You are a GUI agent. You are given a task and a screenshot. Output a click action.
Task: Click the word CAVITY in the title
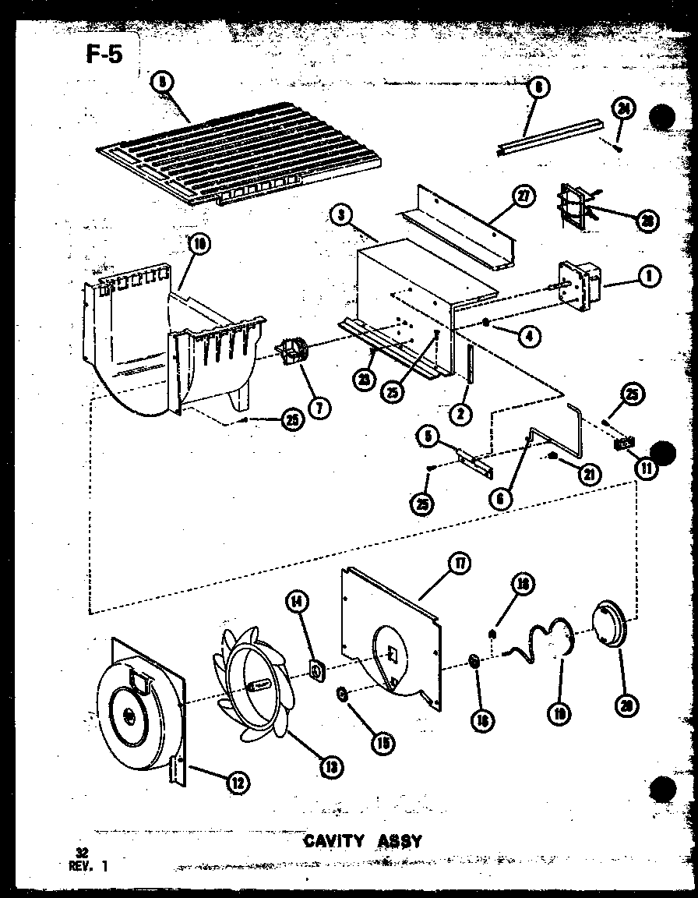pyautogui.click(x=333, y=840)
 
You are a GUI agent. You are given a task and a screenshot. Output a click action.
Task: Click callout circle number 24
pyautogui.click(x=623, y=110)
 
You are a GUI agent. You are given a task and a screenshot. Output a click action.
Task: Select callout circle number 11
pyautogui.click(x=646, y=468)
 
